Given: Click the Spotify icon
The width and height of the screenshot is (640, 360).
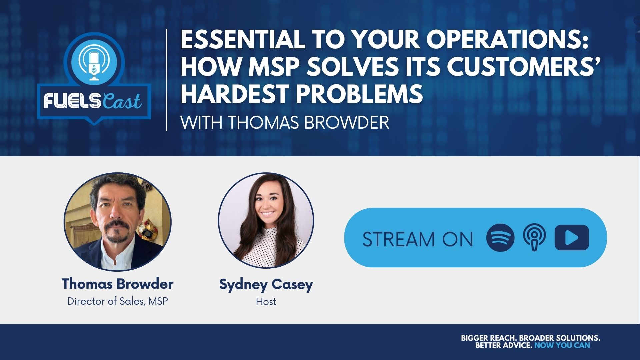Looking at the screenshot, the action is coord(500,238).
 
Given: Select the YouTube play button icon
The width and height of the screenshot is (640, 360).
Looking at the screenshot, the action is coord(572,238).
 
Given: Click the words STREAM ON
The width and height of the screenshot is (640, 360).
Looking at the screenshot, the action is coord(418,239).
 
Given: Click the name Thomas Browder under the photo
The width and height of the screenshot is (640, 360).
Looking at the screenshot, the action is coord(117,284).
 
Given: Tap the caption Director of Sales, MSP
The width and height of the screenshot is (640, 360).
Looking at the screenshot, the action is coord(118,301).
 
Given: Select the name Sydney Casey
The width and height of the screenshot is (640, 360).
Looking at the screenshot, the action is coord(266,285).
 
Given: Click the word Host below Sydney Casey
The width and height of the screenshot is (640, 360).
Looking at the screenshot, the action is coord(266,302).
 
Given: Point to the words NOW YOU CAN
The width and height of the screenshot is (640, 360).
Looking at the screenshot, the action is coord(562,345).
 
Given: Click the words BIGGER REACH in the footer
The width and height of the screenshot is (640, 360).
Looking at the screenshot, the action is coord(489,338).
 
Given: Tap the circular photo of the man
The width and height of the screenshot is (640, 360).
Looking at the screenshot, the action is coord(118,221).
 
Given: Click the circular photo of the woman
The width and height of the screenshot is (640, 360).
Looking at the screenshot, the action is coord(266,220).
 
